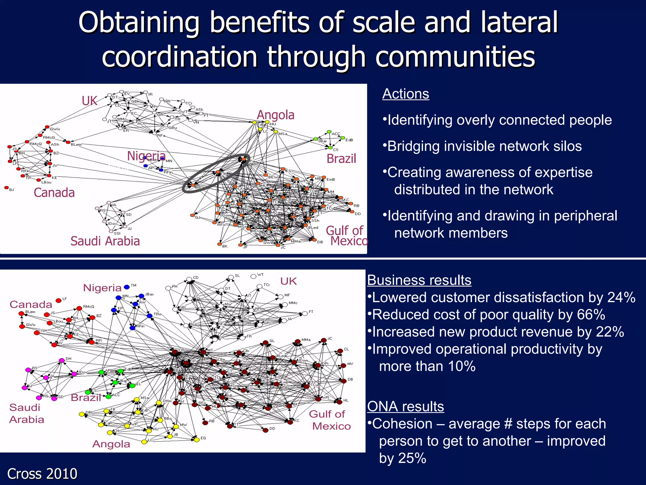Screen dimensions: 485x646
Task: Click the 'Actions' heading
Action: pyautogui.click(x=406, y=94)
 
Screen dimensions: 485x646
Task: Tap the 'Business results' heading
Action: pyautogui.click(x=419, y=280)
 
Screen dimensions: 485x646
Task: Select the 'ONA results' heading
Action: pyautogui.click(x=405, y=407)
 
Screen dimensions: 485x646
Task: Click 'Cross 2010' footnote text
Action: pyautogui.click(x=42, y=474)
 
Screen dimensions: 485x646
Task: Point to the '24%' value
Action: pyautogui.click(x=621, y=298)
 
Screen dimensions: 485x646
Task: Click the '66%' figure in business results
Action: pyautogui.click(x=591, y=315)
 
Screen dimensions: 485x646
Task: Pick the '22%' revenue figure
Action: pyautogui.click(x=610, y=332)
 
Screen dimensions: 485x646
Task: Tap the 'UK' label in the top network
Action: pyautogui.click(x=90, y=101)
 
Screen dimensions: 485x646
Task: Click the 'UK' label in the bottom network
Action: pyautogui.click(x=288, y=281)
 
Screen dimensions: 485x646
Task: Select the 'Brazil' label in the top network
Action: pyautogui.click(x=341, y=159)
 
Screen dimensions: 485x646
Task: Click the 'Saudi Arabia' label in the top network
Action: pyautogui.click(x=105, y=241)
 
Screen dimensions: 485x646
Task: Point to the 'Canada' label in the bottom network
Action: pyautogui.click(x=31, y=305)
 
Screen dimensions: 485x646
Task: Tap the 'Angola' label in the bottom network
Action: pyautogui.click(x=111, y=444)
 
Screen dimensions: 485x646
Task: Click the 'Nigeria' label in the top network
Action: pyautogui.click(x=146, y=156)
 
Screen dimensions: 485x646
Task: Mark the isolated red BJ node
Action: pyautogui.click(x=6, y=188)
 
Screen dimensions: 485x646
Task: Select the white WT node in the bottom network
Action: pyautogui.click(x=253, y=277)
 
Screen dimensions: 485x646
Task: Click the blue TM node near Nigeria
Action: pyautogui.click(x=127, y=287)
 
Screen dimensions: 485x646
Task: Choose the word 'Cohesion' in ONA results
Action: pyautogui.click(x=402, y=424)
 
